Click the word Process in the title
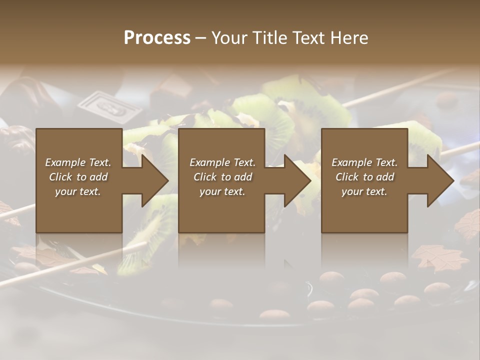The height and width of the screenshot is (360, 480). point(157,37)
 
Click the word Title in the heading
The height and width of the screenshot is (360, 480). point(267,37)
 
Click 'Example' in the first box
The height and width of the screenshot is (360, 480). point(65,162)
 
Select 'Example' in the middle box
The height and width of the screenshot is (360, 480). point(209,162)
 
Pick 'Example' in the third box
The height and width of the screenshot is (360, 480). point(351,162)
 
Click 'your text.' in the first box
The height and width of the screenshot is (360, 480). point(78,191)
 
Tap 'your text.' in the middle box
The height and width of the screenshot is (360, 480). point(222,191)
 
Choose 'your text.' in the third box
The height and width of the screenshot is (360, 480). point(364,191)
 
